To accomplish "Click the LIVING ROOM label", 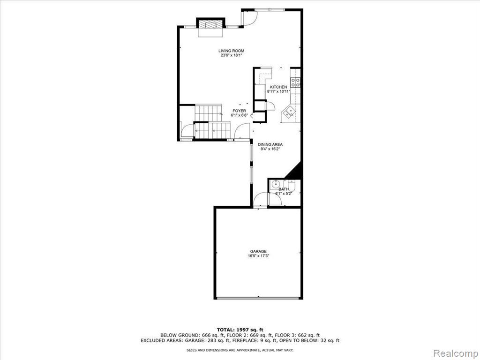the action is click(231, 51).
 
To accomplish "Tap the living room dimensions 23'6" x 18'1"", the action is click(231, 55).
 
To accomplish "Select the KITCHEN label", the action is click(278, 87).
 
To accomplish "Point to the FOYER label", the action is click(239, 111).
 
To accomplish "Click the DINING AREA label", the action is click(270, 144).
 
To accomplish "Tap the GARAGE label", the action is click(258, 251).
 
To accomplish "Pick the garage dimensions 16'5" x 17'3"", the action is click(258, 256).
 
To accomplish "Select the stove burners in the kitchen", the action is click(295, 82).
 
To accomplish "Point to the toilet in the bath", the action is click(292, 186).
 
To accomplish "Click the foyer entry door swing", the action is click(241, 131).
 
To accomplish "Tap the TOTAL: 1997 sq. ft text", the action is click(240, 330).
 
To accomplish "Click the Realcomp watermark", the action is click(456, 353).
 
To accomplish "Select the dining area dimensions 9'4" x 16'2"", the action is click(270, 149).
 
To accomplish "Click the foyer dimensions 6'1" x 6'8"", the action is click(239, 115).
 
